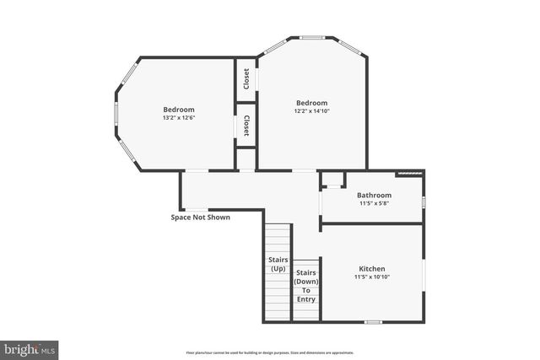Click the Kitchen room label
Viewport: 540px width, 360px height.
tap(371, 269)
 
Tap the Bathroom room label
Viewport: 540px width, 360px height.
tap(374, 195)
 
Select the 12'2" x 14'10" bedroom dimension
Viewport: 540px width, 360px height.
tap(311, 110)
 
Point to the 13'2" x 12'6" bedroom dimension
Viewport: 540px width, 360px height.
tap(178, 117)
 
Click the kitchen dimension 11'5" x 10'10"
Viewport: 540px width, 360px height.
tap(371, 277)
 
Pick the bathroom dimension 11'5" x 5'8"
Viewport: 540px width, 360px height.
tap(374, 202)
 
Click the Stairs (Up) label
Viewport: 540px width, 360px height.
tap(278, 263)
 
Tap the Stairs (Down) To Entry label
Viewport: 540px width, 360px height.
tap(305, 286)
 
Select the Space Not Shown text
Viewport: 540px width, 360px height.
tap(201, 217)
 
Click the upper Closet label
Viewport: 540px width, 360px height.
tap(246, 78)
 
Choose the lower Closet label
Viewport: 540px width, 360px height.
tap(246, 126)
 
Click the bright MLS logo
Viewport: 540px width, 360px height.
tap(30, 347)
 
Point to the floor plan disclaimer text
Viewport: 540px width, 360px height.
tap(269, 353)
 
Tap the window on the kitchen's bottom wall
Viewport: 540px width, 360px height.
tap(372, 321)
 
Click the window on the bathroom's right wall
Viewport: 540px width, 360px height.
tap(423, 201)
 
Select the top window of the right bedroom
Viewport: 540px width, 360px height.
tap(312, 37)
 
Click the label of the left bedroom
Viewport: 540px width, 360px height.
tap(178, 110)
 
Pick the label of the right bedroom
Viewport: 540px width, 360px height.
tap(311, 103)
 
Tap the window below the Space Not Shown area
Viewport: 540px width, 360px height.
tap(196, 209)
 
